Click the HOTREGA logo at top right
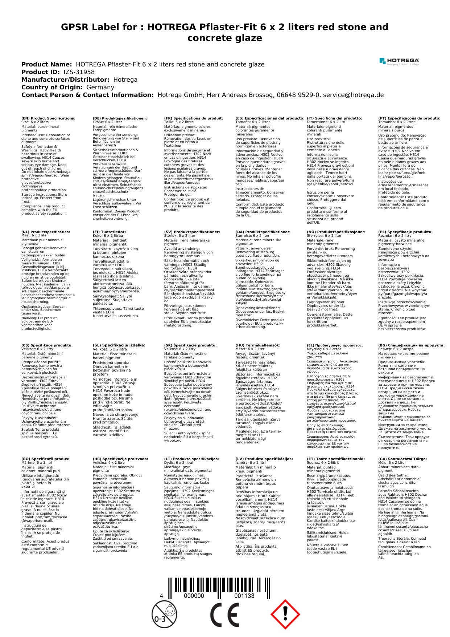(x=399, y=61)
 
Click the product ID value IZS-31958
(x=79, y=72)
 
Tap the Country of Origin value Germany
(x=100, y=87)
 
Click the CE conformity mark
(x=225, y=614)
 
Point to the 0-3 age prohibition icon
(x=164, y=614)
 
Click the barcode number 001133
(x=244, y=596)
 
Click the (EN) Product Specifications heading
(x=48, y=118)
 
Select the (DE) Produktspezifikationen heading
(x=120, y=118)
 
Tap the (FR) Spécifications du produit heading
(x=193, y=118)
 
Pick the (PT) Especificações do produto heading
(x=409, y=118)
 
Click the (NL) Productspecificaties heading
(x=46, y=232)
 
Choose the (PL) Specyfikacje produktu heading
(x=405, y=232)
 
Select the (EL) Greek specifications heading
(x=335, y=345)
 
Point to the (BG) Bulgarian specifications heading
(x=411, y=345)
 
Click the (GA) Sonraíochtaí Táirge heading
(x=402, y=459)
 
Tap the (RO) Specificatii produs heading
(x=45, y=459)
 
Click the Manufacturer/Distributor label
(x=65, y=80)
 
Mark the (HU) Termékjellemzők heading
(x=258, y=345)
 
